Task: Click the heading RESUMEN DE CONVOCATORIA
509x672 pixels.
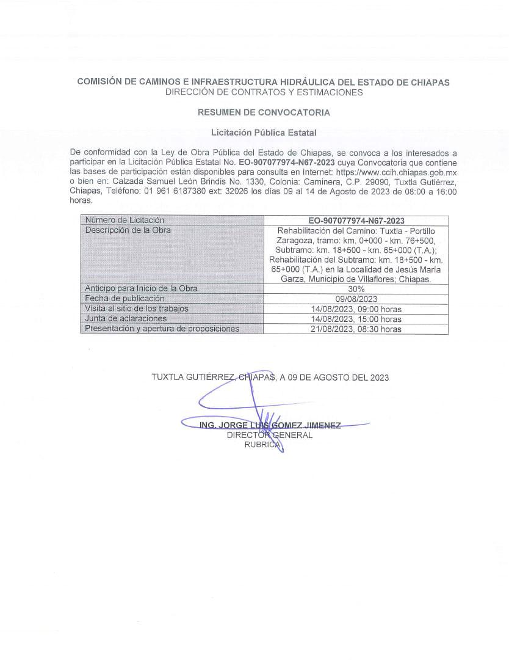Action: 264,112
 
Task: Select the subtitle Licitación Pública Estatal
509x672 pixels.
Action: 264,132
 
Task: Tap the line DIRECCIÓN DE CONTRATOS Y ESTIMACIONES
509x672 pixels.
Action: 264,92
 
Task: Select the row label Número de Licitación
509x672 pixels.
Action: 125,220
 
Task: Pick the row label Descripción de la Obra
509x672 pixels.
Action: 128,230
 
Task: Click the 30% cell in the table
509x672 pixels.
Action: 356,288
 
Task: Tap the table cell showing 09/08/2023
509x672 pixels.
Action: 356,299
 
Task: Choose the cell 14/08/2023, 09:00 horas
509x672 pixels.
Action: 356,309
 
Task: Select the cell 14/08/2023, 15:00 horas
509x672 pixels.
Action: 356,319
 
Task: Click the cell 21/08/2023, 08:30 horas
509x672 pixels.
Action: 356,329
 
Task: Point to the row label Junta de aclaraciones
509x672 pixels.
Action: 126,319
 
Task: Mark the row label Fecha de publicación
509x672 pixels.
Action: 125,299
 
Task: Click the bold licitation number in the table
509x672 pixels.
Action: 356,221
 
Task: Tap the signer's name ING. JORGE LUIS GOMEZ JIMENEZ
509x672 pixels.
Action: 270,425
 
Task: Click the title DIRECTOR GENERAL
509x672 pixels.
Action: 269,435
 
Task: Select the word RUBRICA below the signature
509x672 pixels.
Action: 263,445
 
